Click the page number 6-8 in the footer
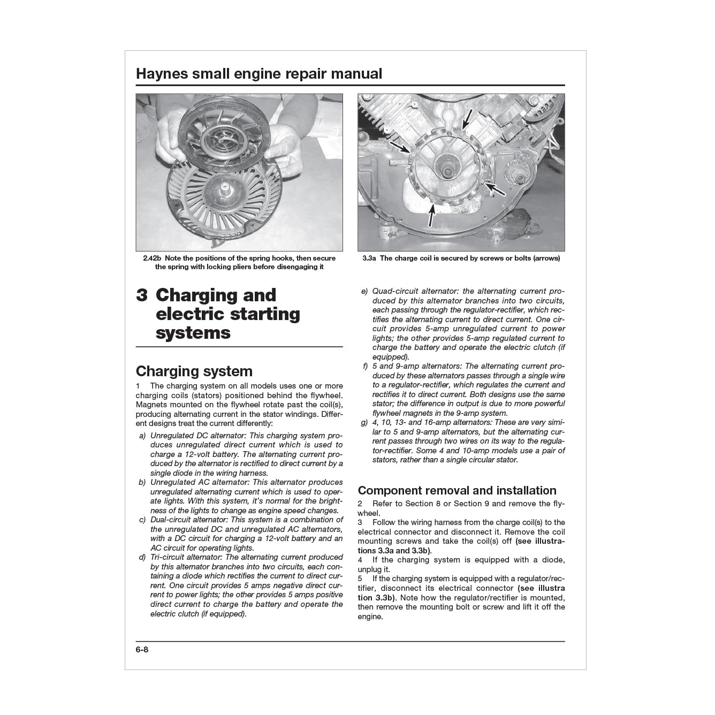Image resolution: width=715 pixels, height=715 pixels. pyautogui.click(x=142, y=650)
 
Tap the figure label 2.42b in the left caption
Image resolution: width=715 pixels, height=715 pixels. pyautogui.click(x=153, y=258)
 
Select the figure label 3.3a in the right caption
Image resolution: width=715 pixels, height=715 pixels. pyautogui.click(x=369, y=258)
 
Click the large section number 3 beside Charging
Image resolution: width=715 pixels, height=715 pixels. pyautogui.click(x=142, y=295)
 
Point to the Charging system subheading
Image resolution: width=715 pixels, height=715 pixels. pyautogui.click(x=194, y=371)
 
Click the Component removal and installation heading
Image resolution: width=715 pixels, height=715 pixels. pyautogui.click(x=457, y=490)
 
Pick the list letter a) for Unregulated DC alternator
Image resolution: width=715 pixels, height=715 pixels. pyautogui.click(x=142, y=436)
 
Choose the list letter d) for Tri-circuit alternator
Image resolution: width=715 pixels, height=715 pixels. pyautogui.click(x=142, y=557)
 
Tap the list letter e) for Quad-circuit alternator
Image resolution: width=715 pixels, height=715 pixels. pyautogui.click(x=364, y=292)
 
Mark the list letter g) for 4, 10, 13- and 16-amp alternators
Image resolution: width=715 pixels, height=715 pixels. pyautogui.click(x=364, y=423)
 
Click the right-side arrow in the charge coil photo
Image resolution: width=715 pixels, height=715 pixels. pyautogui.click(x=496, y=188)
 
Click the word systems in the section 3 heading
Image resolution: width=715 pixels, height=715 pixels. pyautogui.click(x=193, y=333)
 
